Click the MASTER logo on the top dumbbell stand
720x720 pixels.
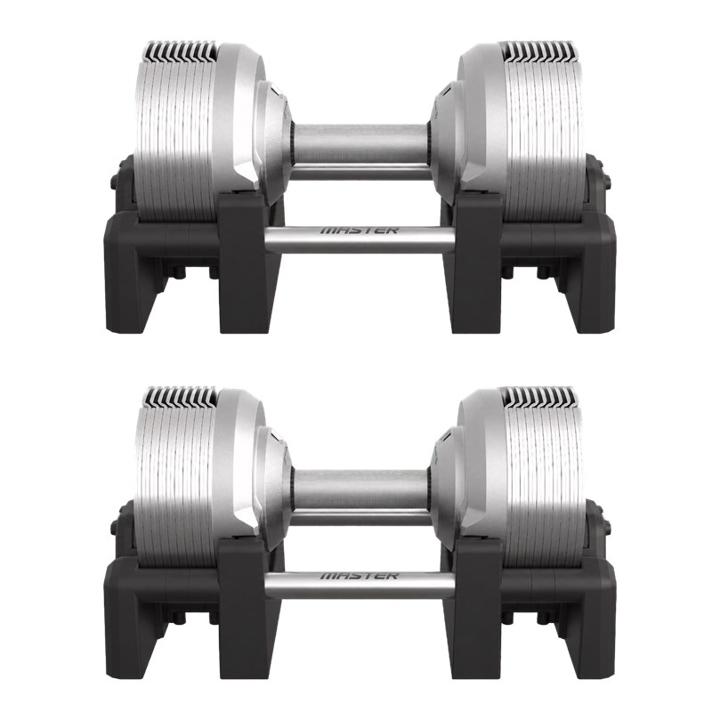[x=359, y=230]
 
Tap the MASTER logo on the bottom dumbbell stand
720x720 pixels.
[x=359, y=575]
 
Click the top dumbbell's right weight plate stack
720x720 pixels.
[x=545, y=133]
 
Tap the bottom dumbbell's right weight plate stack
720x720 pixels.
[x=545, y=479]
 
